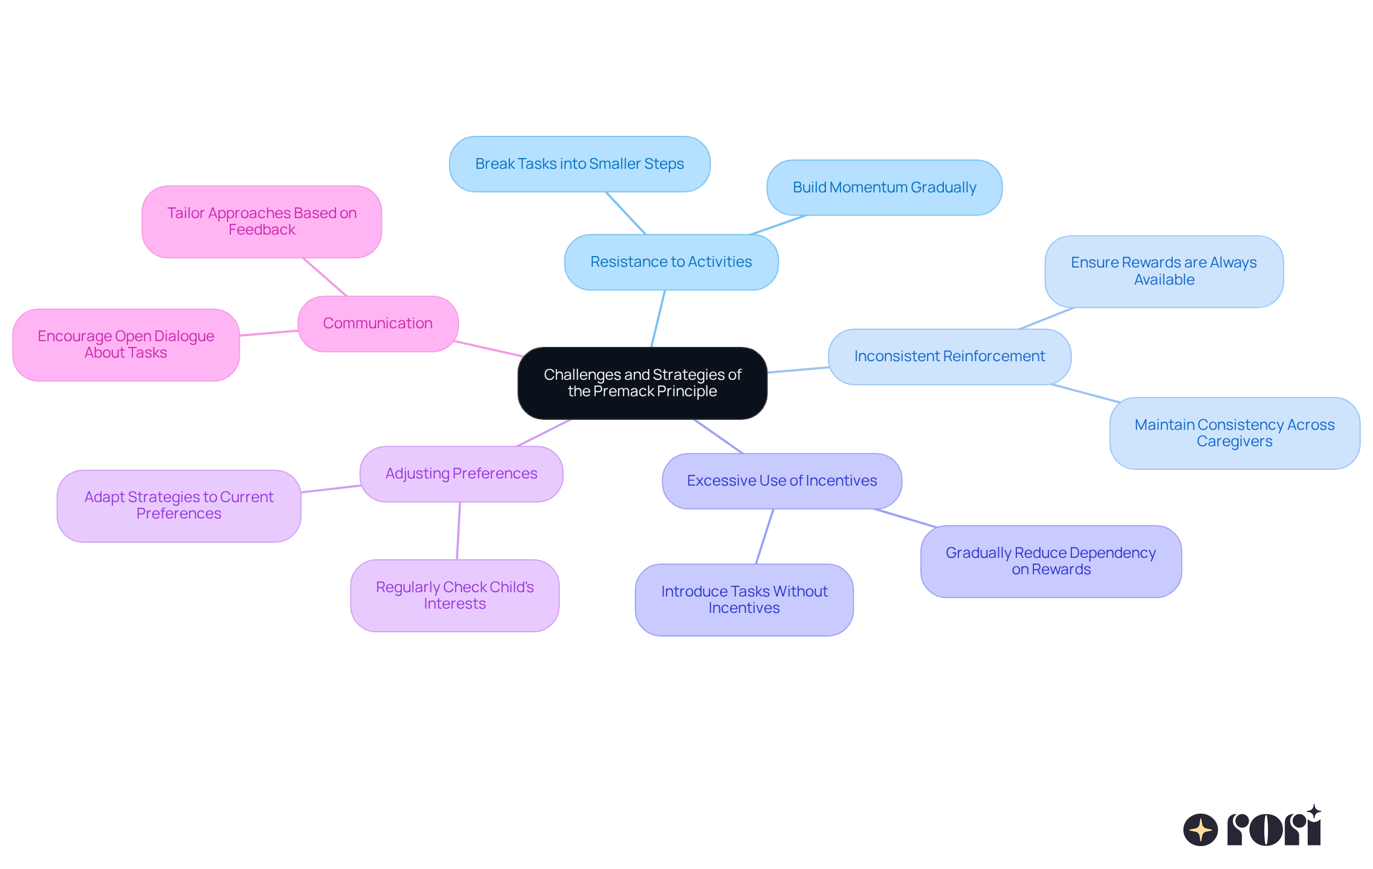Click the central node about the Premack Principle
click(642, 383)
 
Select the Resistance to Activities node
click(671, 262)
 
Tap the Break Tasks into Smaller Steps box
click(579, 165)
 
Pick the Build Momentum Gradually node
click(884, 188)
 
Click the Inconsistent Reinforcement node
click(949, 357)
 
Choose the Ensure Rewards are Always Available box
click(1163, 272)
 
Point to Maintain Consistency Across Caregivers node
click(1234, 433)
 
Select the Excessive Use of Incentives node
click(782, 481)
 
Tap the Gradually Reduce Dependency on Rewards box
click(1050, 561)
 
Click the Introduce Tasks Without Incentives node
click(744, 600)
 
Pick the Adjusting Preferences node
click(461, 474)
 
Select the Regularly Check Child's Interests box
click(455, 596)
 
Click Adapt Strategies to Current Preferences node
click(179, 506)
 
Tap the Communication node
click(378, 324)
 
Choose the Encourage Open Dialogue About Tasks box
click(126, 345)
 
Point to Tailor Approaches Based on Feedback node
click(262, 222)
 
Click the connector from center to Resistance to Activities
click(658, 319)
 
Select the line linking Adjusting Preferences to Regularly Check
click(458, 531)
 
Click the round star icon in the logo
click(1200, 830)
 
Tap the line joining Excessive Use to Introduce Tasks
click(764, 536)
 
